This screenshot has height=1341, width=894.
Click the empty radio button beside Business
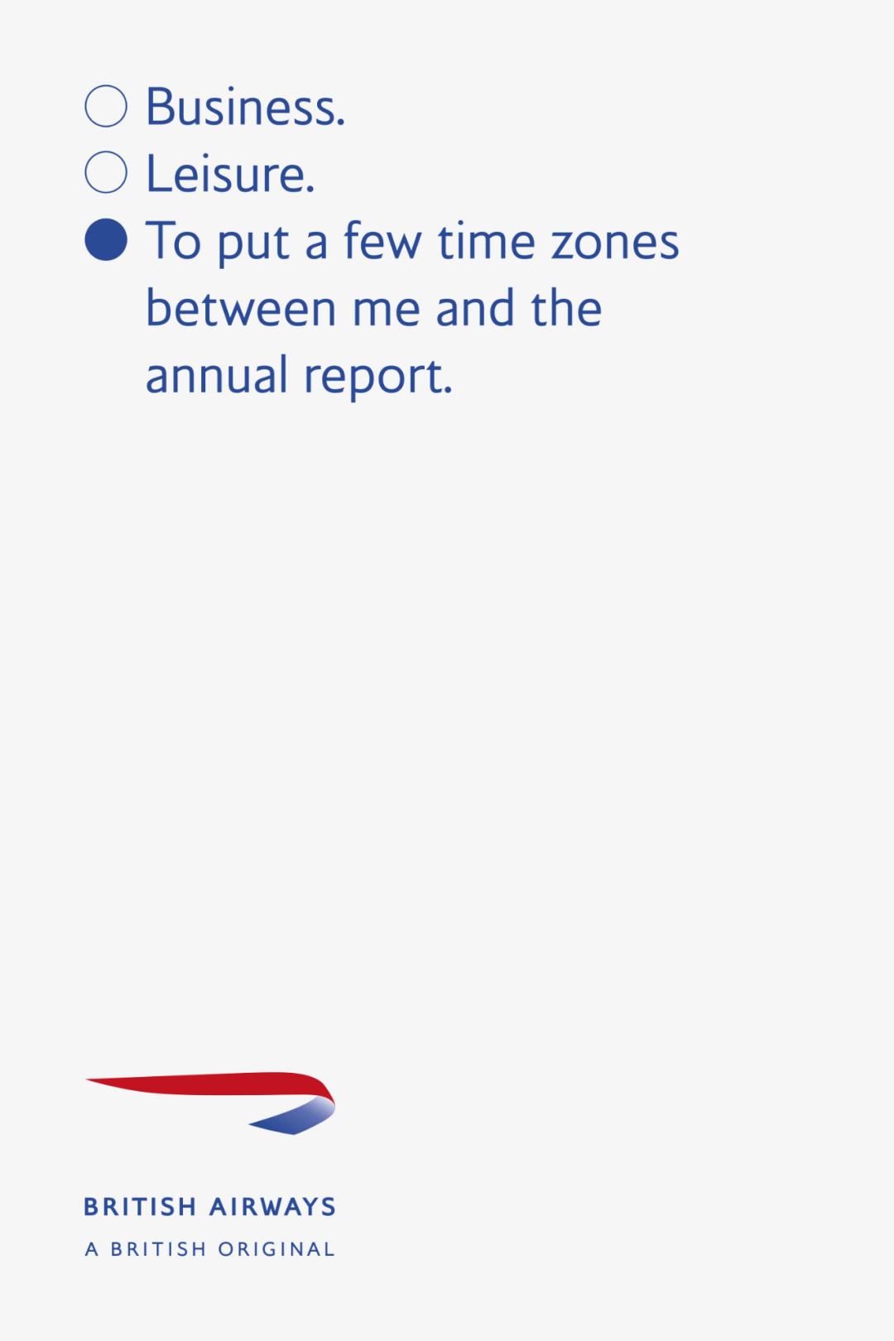(x=106, y=106)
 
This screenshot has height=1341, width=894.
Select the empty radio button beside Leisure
(x=106, y=172)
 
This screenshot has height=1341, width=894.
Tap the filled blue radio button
(x=106, y=239)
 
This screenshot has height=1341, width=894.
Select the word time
(x=486, y=241)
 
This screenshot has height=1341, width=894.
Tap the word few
(x=382, y=241)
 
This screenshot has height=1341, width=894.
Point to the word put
(x=253, y=246)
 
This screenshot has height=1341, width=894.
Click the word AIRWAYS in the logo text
(x=272, y=1207)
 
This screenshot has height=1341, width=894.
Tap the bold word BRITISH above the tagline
(x=140, y=1207)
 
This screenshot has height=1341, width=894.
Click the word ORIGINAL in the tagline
(x=276, y=1249)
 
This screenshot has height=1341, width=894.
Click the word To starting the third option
(x=173, y=241)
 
